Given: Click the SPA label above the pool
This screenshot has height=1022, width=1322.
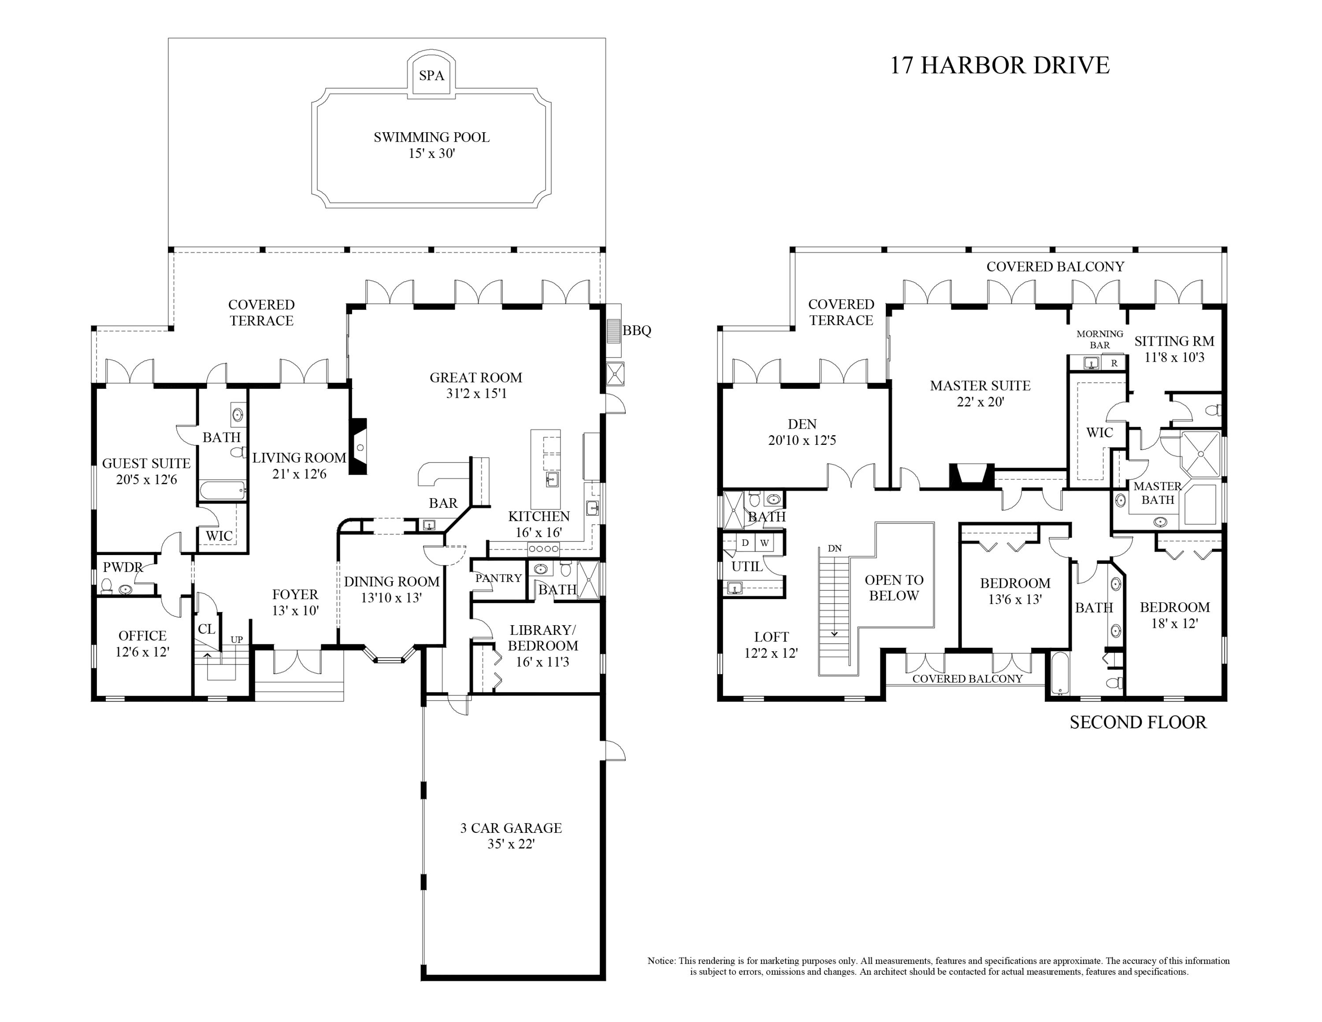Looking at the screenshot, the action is (x=431, y=76).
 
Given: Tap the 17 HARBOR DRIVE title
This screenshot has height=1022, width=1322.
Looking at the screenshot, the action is (x=999, y=65).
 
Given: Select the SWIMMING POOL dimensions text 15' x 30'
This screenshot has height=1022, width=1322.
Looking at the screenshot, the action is (x=431, y=154).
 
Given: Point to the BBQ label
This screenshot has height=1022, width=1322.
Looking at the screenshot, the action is (x=637, y=331).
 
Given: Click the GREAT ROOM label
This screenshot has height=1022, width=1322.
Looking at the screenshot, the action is (x=476, y=378).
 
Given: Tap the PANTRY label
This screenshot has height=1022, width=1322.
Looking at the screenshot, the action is (x=498, y=578).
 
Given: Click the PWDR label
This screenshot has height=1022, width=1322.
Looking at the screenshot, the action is (x=122, y=567).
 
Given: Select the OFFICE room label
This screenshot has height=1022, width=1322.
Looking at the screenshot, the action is (x=142, y=636).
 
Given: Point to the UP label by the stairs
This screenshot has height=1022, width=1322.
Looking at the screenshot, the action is (x=237, y=639).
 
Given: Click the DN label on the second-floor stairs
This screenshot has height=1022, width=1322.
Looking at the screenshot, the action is (x=835, y=548).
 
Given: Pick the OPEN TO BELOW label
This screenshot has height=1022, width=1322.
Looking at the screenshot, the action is (x=894, y=588).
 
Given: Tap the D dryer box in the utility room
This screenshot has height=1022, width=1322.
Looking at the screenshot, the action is (x=745, y=542).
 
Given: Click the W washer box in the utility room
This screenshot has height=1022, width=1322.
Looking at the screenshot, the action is (x=765, y=542).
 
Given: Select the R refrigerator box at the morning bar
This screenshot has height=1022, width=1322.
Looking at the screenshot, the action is (x=1114, y=364).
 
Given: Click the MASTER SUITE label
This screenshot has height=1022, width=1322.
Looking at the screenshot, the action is (x=980, y=386).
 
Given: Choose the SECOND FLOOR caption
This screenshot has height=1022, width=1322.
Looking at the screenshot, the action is (x=1138, y=722).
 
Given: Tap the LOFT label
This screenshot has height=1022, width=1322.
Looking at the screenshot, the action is (x=771, y=637).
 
